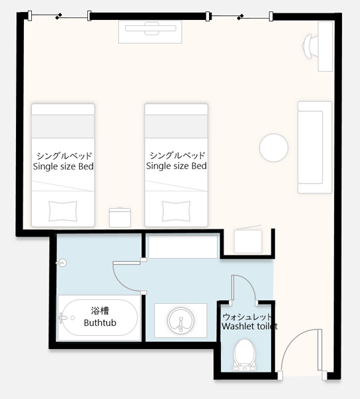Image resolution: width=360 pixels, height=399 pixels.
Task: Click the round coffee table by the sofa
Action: pos(273,148)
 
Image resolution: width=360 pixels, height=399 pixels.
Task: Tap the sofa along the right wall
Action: pos(315,147)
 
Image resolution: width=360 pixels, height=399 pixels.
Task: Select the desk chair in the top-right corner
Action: pos(309,47)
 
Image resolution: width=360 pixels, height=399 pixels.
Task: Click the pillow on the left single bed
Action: pos(63,211)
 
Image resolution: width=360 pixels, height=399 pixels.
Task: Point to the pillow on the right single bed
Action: pos(176,211)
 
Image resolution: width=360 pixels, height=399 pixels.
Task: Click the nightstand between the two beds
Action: pos(120,217)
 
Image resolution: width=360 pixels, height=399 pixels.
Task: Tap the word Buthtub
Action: pos(100,323)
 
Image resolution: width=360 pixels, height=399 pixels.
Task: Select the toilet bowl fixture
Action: pos(244,354)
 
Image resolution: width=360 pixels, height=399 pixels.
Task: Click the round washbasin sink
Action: pos(181,321)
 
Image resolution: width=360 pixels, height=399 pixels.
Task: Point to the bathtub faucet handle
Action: pos(62,318)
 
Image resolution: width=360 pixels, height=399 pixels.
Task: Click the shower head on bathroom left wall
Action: pos(61,263)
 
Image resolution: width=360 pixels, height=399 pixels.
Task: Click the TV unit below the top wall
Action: pos(150,32)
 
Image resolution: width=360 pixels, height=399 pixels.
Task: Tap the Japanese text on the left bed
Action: pos(64,156)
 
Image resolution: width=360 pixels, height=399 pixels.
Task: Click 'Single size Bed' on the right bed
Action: pos(176,166)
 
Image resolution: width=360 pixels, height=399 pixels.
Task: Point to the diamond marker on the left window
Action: pos(59,17)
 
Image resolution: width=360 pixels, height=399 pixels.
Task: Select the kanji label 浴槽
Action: pos(100,311)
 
